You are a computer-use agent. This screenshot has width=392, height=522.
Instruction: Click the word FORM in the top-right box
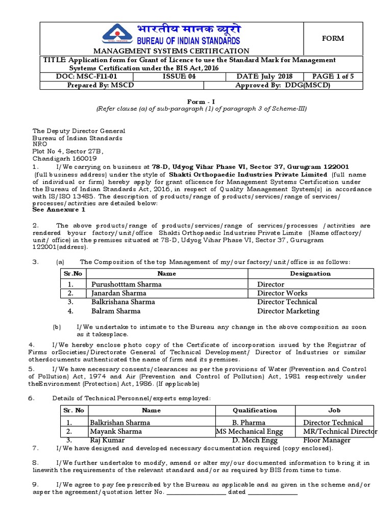332,38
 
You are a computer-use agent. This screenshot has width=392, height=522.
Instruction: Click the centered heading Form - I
195,101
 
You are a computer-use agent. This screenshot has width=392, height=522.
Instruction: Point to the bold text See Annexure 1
59,210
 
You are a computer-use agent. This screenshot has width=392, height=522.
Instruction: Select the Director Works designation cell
282,293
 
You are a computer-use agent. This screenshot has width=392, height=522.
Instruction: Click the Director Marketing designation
288,311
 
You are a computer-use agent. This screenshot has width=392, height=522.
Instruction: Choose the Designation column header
310,274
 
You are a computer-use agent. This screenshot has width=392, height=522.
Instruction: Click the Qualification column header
255,410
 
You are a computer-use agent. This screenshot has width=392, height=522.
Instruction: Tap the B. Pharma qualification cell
248,423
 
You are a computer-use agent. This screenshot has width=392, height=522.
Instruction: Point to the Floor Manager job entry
327,440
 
